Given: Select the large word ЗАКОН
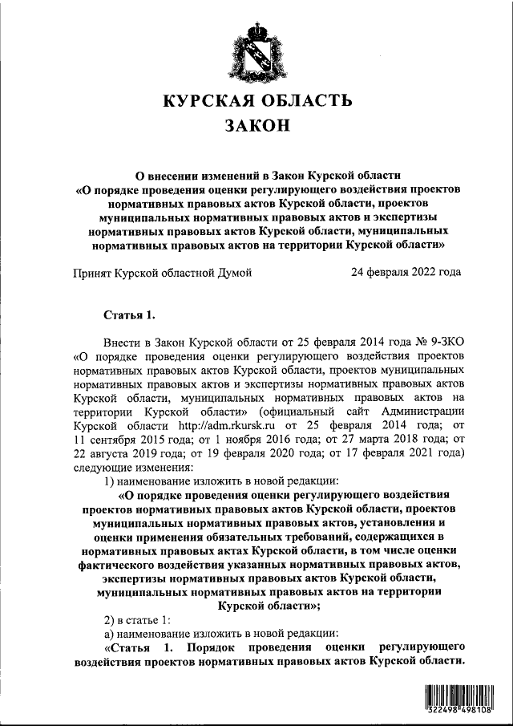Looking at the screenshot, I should coord(256,125).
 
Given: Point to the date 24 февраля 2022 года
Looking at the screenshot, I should coord(406,272).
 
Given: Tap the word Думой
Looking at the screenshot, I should coord(235,272).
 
